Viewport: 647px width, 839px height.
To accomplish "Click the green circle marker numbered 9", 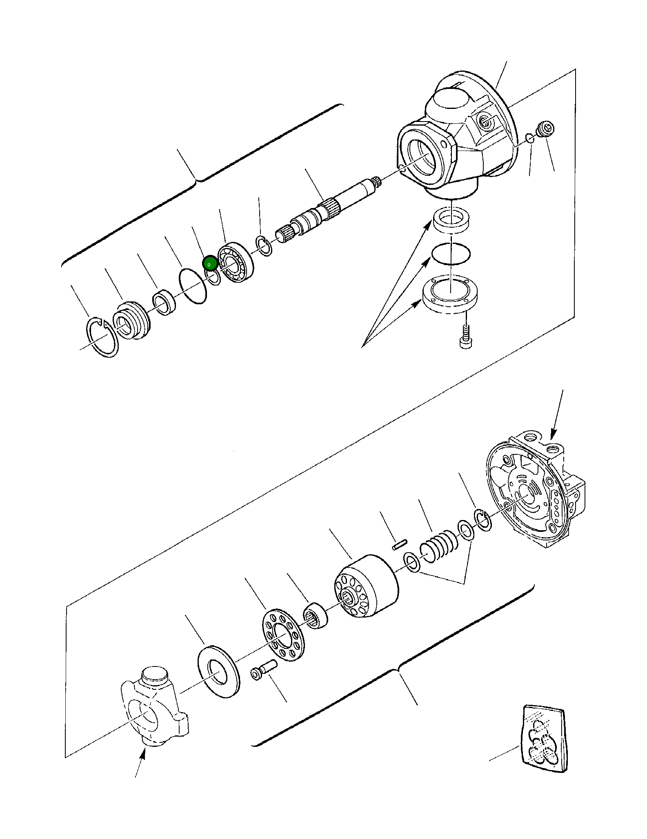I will click(x=209, y=263).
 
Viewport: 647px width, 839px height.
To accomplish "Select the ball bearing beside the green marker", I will click(x=236, y=263).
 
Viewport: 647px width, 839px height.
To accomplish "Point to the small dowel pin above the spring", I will click(x=400, y=545).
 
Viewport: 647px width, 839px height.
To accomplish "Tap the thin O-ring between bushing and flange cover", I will click(x=451, y=254).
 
